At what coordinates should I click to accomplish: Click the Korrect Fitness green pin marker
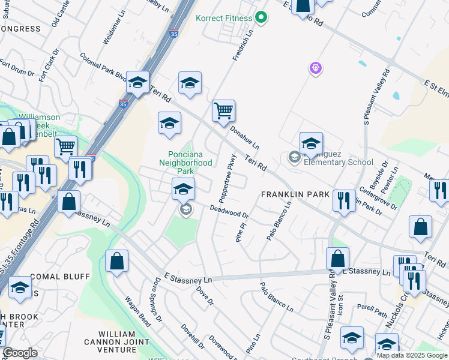click(261, 18)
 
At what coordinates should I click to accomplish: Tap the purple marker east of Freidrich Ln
click(316, 68)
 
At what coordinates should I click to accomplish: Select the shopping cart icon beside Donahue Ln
click(223, 110)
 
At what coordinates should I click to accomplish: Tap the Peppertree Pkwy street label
click(224, 175)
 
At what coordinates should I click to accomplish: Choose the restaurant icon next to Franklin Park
click(343, 200)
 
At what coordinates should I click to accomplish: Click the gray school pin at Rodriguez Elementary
click(294, 158)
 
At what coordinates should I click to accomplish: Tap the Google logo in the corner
click(20, 353)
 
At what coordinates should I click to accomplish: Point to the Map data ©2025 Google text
click(412, 355)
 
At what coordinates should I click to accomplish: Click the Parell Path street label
click(373, 311)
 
